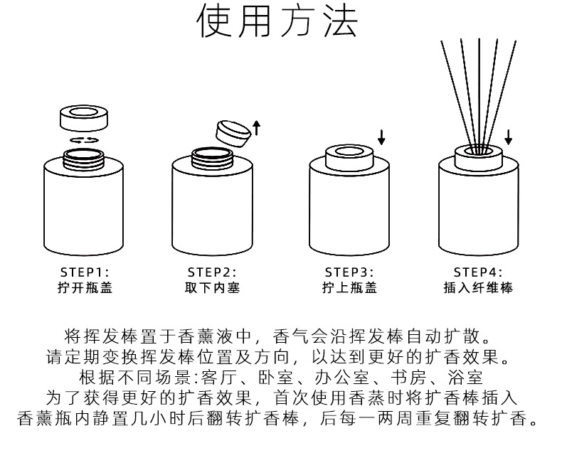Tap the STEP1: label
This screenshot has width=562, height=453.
tap(85, 272)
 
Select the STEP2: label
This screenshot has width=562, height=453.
tap(212, 272)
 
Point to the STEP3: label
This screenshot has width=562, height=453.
tap(349, 272)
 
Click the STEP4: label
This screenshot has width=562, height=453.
tap(478, 272)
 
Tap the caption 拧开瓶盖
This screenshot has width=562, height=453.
tap(85, 288)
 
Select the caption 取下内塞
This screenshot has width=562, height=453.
tap(212, 288)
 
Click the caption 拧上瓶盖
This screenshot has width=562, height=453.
tap(349, 288)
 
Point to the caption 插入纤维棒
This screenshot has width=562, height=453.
tap(478, 288)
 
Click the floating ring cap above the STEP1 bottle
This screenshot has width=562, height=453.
tap(84, 118)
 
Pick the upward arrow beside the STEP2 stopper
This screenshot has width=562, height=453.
tap(257, 128)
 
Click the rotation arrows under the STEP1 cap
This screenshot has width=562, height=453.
tap(84, 140)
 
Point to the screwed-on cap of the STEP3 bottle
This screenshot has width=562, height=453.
tap(349, 158)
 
